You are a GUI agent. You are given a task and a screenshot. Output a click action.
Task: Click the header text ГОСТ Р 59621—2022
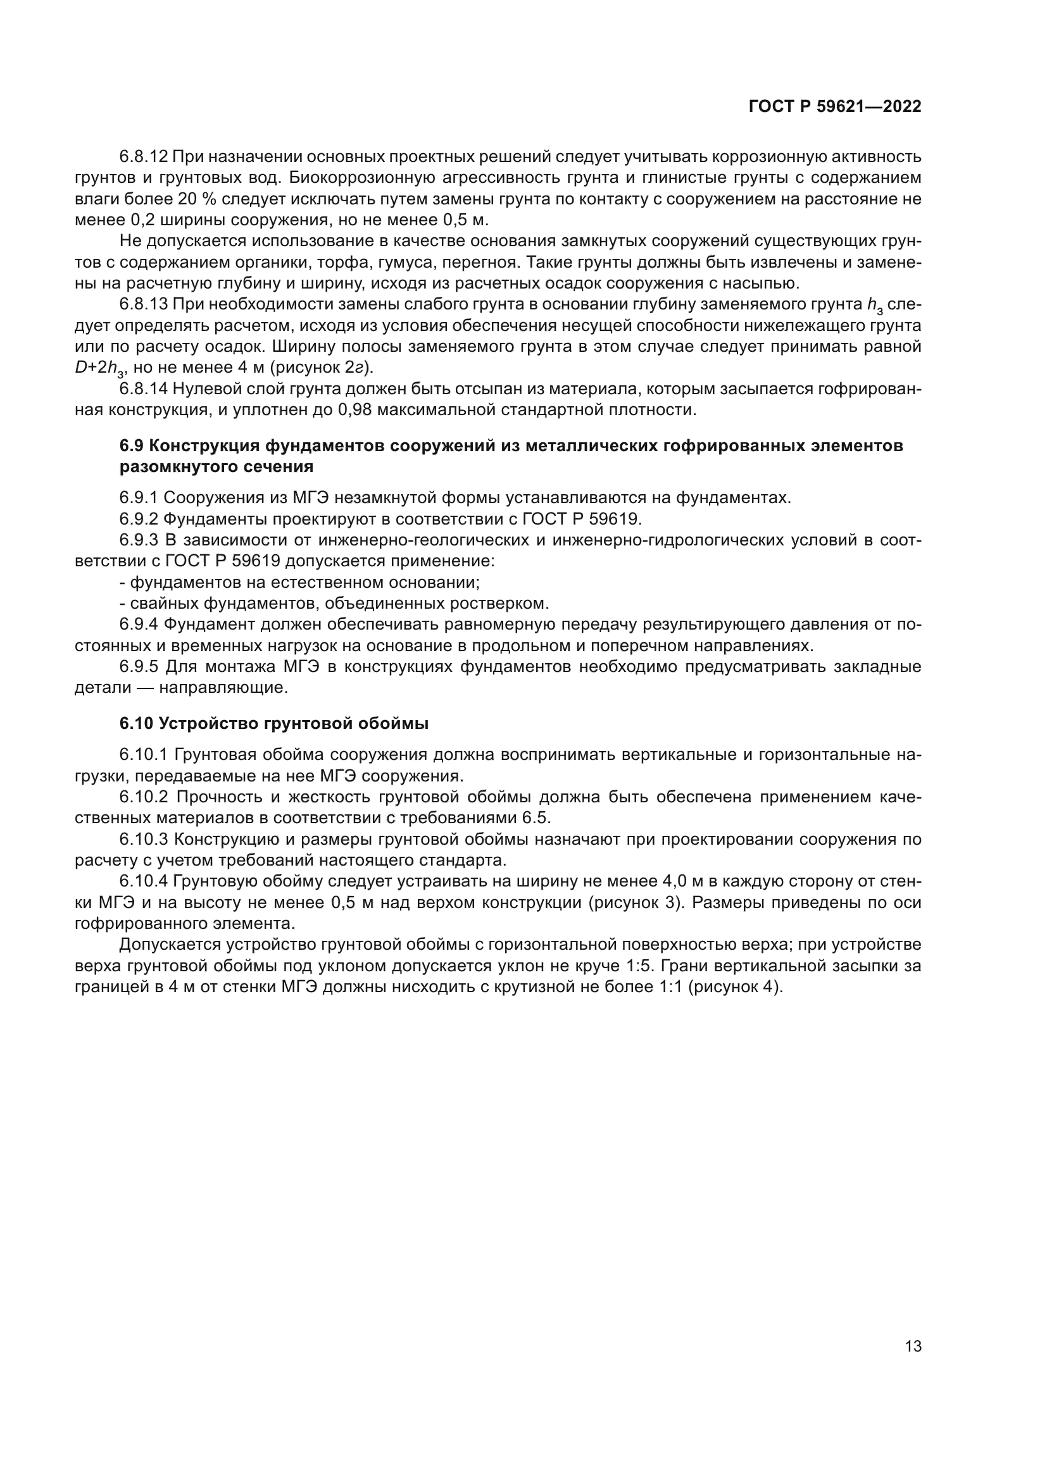[835, 107]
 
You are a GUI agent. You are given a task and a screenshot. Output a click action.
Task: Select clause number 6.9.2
[139, 519]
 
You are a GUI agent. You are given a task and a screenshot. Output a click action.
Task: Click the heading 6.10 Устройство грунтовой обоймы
[274, 724]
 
